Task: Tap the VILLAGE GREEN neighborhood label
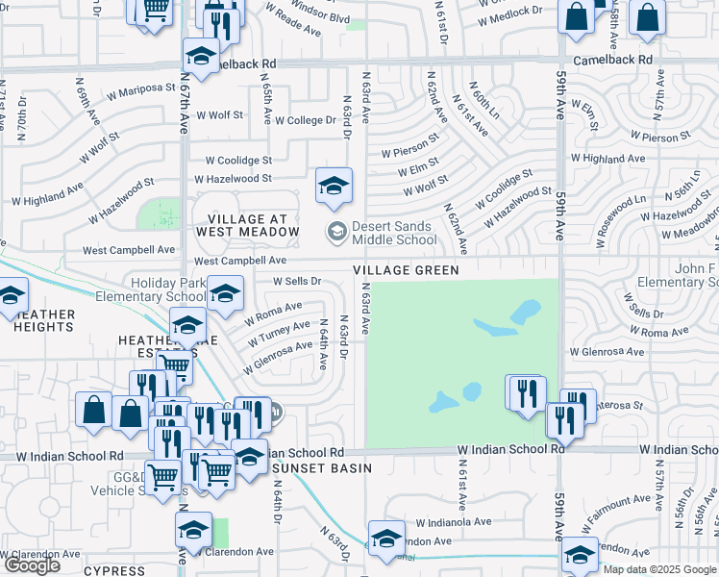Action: point(405,271)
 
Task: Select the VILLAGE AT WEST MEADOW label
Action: point(248,225)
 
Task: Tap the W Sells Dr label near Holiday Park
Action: point(296,281)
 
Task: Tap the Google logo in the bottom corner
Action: point(32,565)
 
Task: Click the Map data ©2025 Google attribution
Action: point(659,569)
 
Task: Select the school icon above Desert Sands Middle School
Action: point(334,186)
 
